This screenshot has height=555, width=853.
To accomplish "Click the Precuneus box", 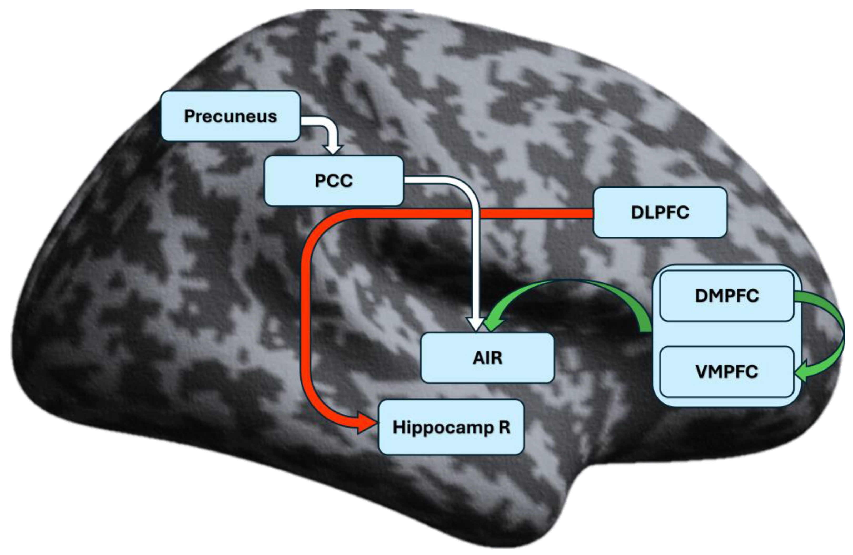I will [230, 116].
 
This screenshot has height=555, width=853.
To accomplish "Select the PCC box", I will [333, 180].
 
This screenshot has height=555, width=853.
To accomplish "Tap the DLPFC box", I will [660, 212].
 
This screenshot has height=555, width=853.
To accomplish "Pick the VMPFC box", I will [726, 372].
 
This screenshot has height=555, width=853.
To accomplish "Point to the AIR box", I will [487, 358].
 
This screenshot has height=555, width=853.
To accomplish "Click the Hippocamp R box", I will [451, 427].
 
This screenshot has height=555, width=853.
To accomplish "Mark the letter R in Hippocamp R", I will [504, 427].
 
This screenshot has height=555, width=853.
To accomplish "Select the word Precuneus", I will [230, 116].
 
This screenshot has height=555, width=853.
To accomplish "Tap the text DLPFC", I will [660, 212].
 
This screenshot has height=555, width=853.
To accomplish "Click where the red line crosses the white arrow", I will [476, 214].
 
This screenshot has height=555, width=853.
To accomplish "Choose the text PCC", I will [333, 180].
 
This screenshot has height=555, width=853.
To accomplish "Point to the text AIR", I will [487, 358].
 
